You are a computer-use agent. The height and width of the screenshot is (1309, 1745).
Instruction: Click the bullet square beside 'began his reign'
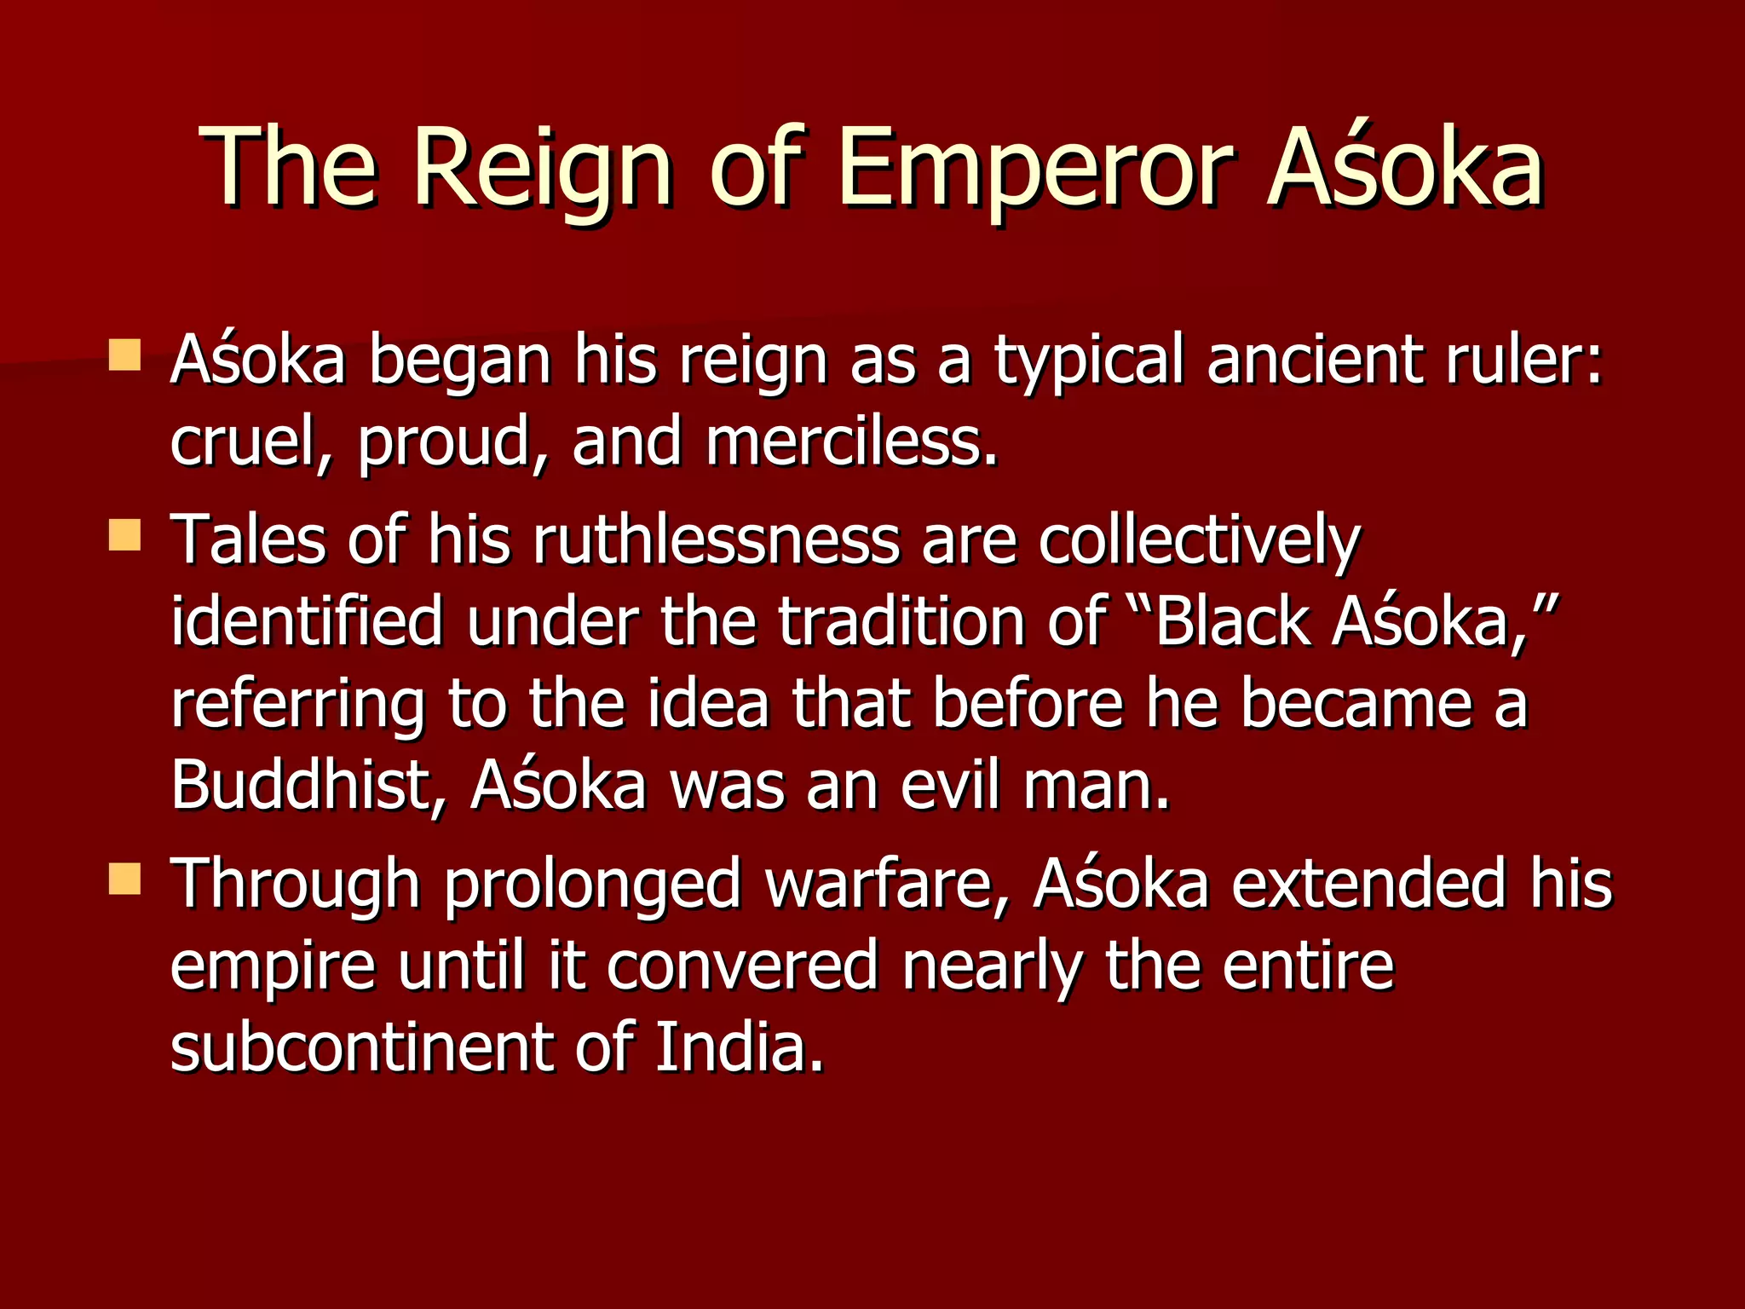124,355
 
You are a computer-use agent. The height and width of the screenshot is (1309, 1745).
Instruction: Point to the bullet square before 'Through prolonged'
124,879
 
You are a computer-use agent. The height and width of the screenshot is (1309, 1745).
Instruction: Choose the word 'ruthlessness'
716,540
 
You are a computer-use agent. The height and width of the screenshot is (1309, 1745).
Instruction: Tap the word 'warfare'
887,884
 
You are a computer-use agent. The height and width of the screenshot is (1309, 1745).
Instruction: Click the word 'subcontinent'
362,1047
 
